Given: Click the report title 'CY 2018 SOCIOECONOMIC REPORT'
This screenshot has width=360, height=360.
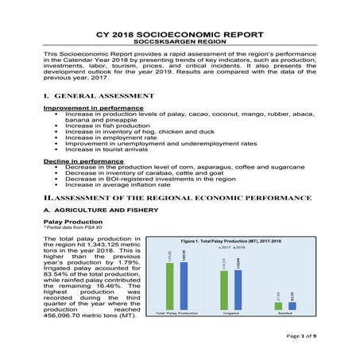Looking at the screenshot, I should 180,36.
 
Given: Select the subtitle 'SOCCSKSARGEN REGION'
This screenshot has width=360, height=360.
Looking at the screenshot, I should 180,44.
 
